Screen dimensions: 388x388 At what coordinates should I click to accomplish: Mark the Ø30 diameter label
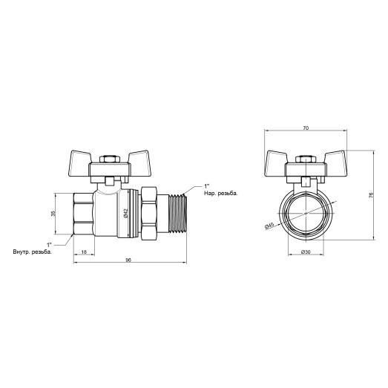point(305,252)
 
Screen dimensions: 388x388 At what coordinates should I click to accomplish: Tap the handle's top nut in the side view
point(109,161)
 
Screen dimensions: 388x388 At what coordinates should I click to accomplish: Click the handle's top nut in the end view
point(304,161)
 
